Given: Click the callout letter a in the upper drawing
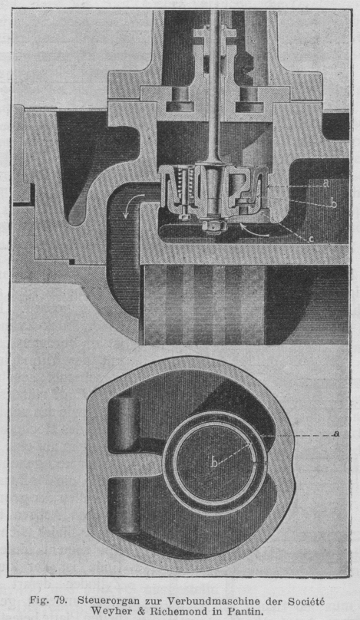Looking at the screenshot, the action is pos(326,184).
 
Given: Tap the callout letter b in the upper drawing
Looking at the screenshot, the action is pos(333,203).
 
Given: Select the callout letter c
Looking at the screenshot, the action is pos(312,239).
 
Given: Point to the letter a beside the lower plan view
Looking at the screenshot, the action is pos(337,434).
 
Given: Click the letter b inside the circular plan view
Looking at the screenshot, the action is pos(214,462).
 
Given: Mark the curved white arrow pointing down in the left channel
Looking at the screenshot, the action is pos(130,205).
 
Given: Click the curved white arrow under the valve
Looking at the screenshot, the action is pos(253,230).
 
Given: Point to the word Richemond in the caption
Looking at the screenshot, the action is pos(179,612).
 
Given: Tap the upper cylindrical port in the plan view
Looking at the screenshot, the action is pos(124,424).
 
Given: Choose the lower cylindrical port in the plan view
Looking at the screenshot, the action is pos(124,506).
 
